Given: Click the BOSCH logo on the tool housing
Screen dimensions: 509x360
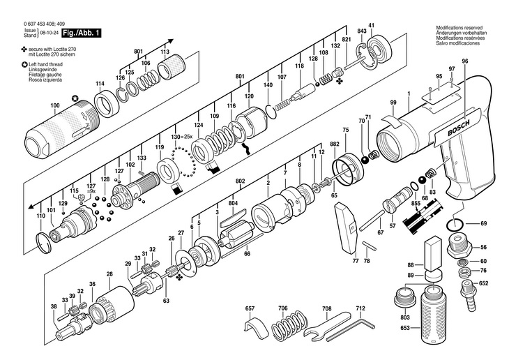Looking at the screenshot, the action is [458, 128].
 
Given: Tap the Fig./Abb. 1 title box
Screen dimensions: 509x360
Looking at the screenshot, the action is [82, 33].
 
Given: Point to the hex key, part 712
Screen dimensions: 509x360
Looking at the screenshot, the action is [351, 331].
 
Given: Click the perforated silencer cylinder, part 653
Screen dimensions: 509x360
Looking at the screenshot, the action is [434, 315].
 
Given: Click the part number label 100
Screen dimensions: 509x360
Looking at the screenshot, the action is [55, 105].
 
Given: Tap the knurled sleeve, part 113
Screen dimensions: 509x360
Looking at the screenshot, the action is [172, 66].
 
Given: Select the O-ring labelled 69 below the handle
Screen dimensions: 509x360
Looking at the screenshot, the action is [455, 224].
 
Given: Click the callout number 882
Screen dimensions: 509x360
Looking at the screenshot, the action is [335, 144].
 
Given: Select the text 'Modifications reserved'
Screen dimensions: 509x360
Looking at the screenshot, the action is [459, 28].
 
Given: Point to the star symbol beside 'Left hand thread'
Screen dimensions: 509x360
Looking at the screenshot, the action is [24, 65].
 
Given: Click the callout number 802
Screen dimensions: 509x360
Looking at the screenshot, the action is [241, 181].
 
